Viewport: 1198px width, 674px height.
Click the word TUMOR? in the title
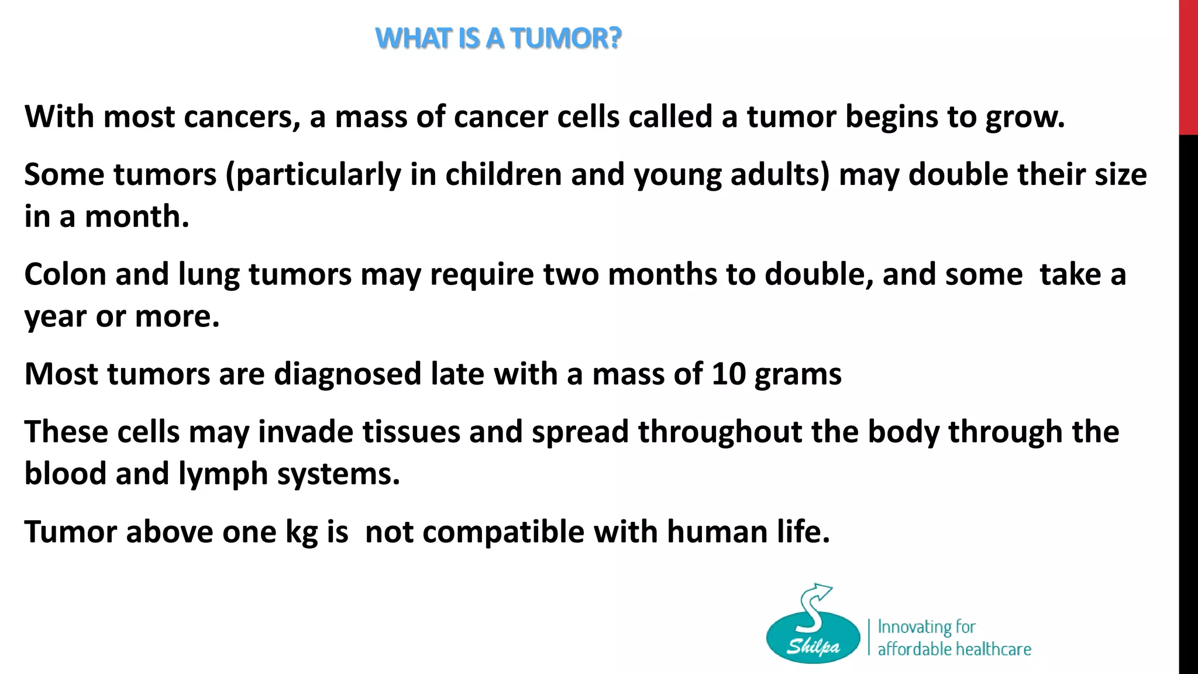pyautogui.click(x=565, y=39)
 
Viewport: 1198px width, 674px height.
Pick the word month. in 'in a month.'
pyautogui.click(x=137, y=216)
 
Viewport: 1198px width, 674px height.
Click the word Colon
pyautogui.click(x=65, y=274)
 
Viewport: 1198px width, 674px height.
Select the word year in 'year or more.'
pyautogui.click(x=55, y=318)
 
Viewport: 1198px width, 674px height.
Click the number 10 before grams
pyautogui.click(x=729, y=373)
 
